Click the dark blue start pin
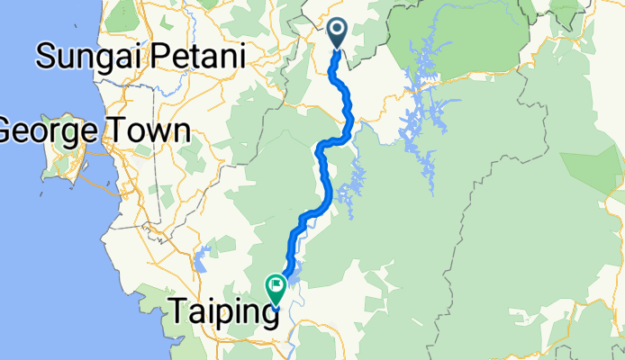coord(338,33)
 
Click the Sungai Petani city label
coord(140,58)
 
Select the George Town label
coord(93,131)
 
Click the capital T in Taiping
coord(179,312)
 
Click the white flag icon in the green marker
coord(276,287)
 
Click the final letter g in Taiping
coord(267,318)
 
